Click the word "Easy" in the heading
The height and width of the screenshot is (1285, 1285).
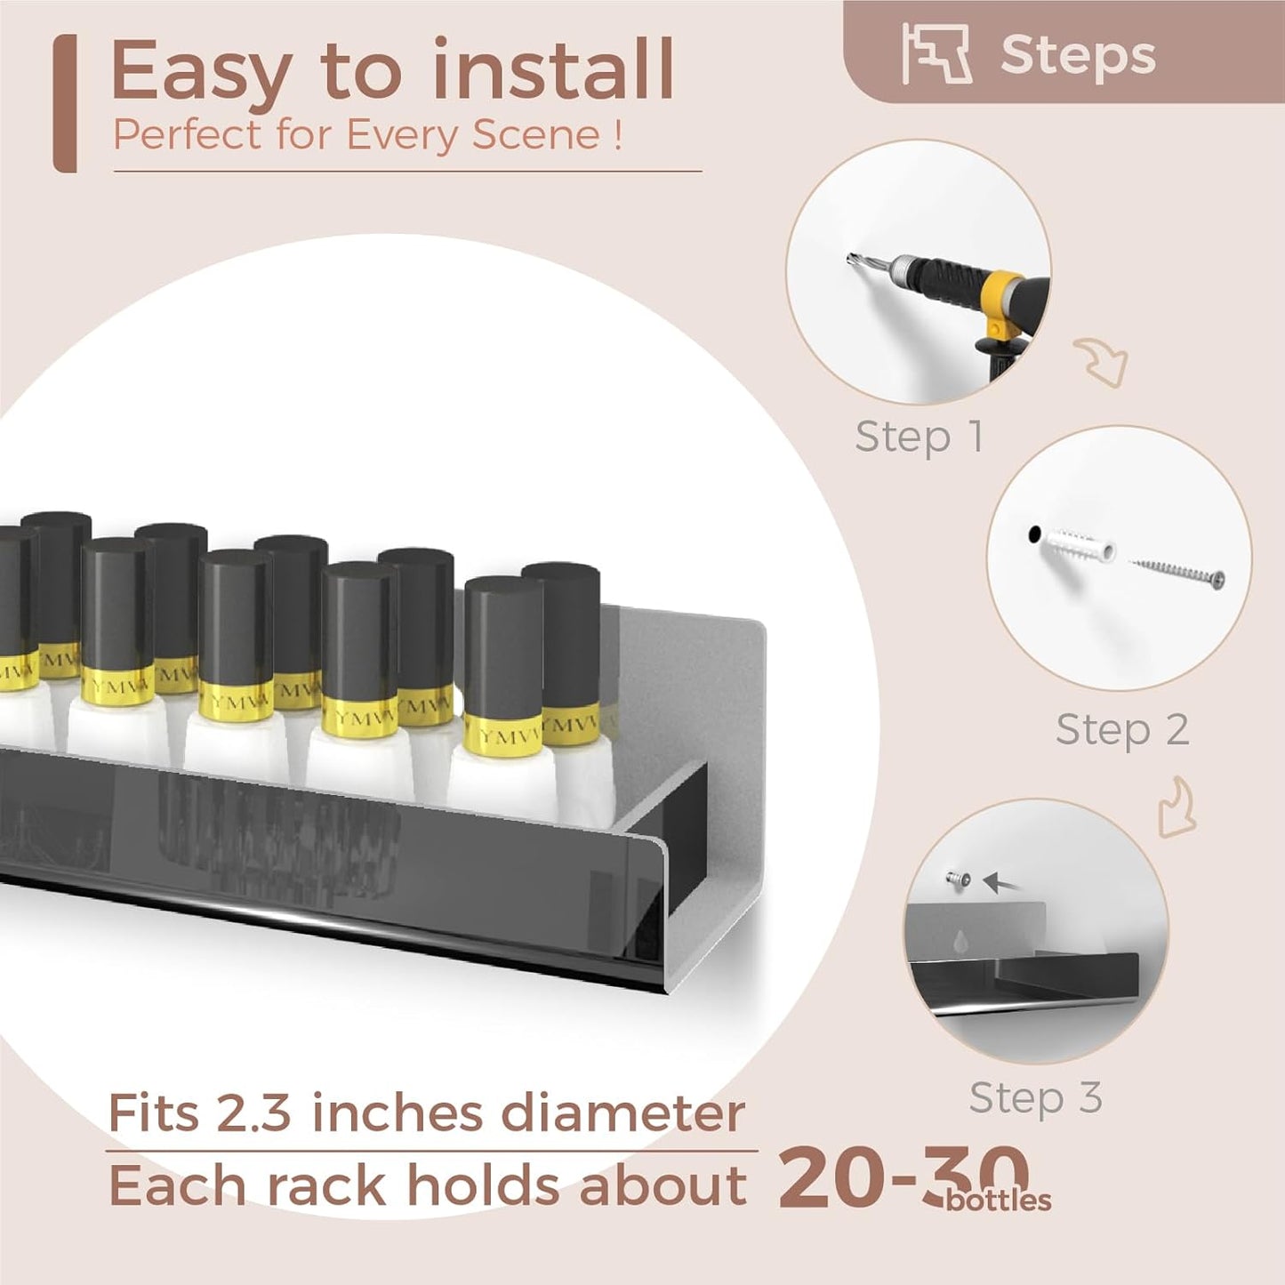201,73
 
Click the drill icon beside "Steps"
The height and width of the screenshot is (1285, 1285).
936,53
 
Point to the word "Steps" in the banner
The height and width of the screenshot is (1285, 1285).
1078,55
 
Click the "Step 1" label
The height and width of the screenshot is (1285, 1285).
919,438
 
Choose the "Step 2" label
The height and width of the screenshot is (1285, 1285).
1123,729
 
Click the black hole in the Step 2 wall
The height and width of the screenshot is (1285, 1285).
1034,534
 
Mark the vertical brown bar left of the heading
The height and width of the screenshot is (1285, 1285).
65,104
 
